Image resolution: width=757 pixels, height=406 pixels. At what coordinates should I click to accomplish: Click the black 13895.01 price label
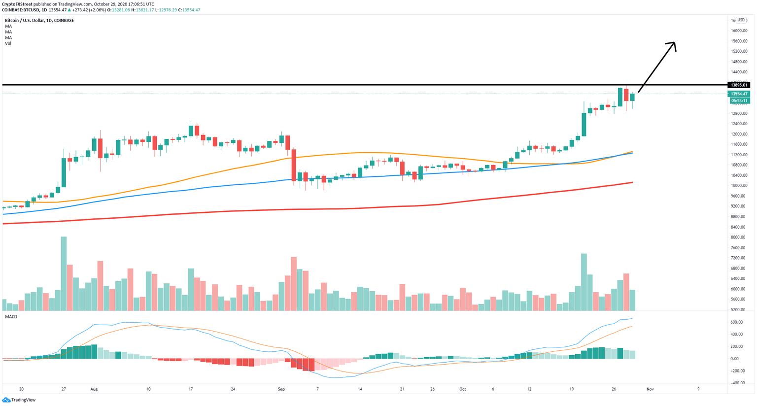739,85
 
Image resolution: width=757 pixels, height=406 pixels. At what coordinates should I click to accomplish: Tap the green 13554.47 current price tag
739,94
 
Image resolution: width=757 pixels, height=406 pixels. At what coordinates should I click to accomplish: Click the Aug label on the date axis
94,389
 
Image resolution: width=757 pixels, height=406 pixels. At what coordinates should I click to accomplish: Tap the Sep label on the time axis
281,389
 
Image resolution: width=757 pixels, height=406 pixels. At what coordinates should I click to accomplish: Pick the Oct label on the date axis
463,389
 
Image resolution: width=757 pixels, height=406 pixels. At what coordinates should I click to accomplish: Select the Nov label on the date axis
650,389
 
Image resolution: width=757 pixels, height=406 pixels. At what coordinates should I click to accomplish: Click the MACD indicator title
11,317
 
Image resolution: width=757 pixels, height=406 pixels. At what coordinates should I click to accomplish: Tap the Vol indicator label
8,43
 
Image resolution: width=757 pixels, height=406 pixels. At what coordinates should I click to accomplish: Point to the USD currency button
741,20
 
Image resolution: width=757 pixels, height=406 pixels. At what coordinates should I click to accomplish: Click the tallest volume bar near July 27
64,273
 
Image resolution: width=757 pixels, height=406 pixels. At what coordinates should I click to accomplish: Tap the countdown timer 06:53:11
739,101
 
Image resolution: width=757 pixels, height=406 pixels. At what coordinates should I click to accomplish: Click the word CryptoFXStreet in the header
17,4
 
